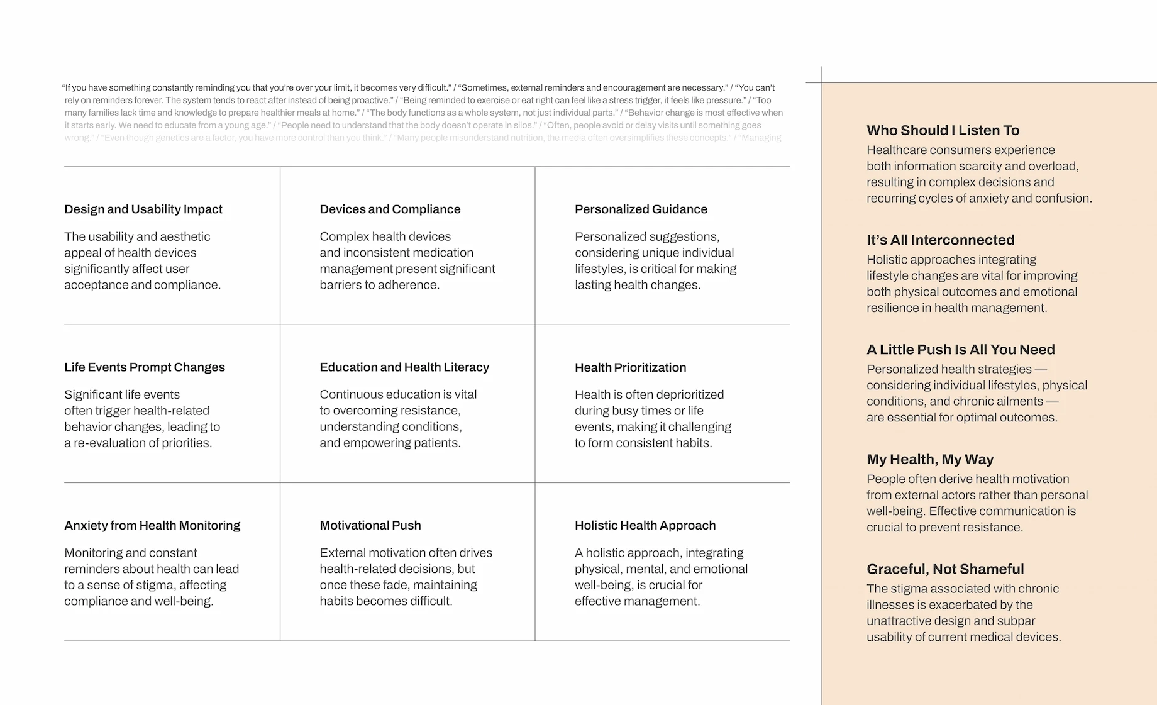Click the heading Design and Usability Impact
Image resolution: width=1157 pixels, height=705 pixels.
[x=143, y=209]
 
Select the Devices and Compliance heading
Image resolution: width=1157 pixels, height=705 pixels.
[x=390, y=209]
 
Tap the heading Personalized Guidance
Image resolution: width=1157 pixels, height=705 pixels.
[x=641, y=209]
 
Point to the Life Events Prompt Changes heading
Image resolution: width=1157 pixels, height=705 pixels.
[x=145, y=367]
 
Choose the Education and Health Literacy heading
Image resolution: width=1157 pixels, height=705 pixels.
[x=404, y=367]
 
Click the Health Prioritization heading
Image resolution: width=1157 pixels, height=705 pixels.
[x=630, y=367]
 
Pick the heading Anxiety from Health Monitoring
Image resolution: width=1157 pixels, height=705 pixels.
[x=152, y=525]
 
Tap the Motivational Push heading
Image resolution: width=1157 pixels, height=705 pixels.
[x=370, y=525]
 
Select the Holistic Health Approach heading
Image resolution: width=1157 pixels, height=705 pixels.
[x=645, y=525]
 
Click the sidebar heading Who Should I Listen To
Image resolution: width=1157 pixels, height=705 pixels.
[x=943, y=130]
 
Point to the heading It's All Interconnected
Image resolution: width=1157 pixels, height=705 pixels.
[x=940, y=240]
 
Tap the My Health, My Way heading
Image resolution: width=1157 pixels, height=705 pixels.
[x=930, y=459]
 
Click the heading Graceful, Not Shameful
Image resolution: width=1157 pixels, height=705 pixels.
[x=945, y=569]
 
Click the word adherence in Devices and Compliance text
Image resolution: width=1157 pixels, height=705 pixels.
[x=409, y=285]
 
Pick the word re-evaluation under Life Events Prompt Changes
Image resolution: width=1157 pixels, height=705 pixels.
[x=109, y=443]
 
